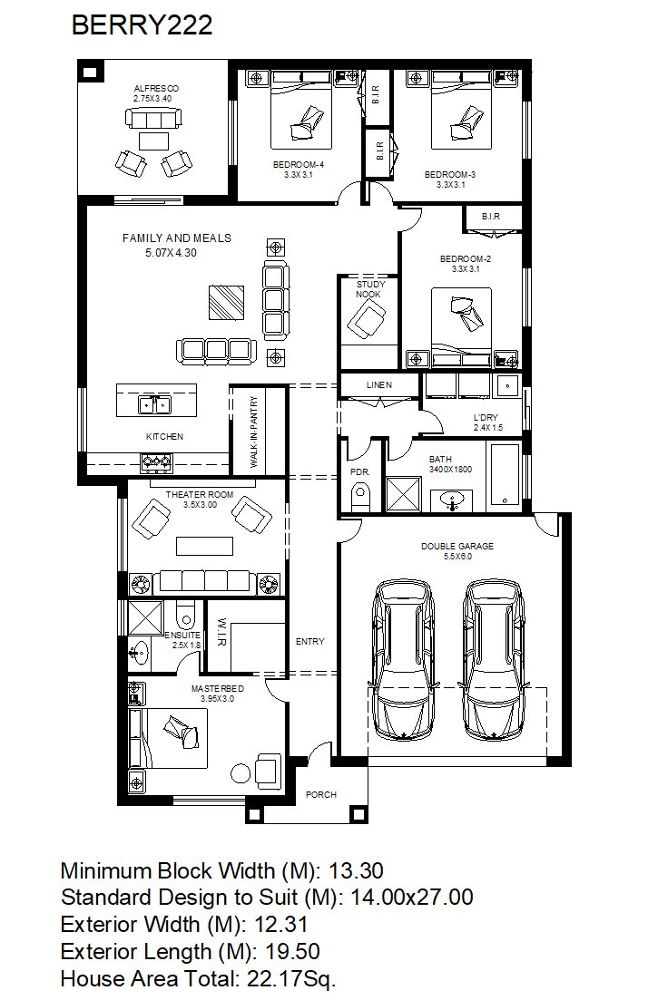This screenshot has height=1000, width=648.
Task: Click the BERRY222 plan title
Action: pyautogui.click(x=142, y=25)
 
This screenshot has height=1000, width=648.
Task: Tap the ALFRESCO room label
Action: pyautogui.click(x=156, y=89)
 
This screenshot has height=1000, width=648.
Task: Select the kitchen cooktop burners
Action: pyautogui.click(x=156, y=461)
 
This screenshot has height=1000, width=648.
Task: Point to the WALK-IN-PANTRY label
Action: pyautogui.click(x=254, y=432)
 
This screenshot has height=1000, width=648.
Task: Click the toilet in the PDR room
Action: pyautogui.click(x=360, y=497)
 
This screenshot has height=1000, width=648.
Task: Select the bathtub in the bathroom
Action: pyautogui.click(x=505, y=474)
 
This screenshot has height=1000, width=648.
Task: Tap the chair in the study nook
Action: pyautogui.click(x=367, y=319)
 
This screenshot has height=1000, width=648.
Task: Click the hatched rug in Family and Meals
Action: pyautogui.click(x=226, y=302)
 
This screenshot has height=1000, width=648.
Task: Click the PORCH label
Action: pyautogui.click(x=321, y=794)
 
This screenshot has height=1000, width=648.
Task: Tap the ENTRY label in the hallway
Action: pyautogui.click(x=310, y=642)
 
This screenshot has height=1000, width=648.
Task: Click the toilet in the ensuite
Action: pyautogui.click(x=185, y=614)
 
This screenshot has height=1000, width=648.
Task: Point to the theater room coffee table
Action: pyautogui.click(x=205, y=547)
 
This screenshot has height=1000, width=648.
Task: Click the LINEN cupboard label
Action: pyautogui.click(x=379, y=385)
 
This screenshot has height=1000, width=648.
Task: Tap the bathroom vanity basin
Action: pyautogui.click(x=453, y=500)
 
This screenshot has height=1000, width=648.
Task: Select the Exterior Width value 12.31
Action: pyautogui.click(x=281, y=924)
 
